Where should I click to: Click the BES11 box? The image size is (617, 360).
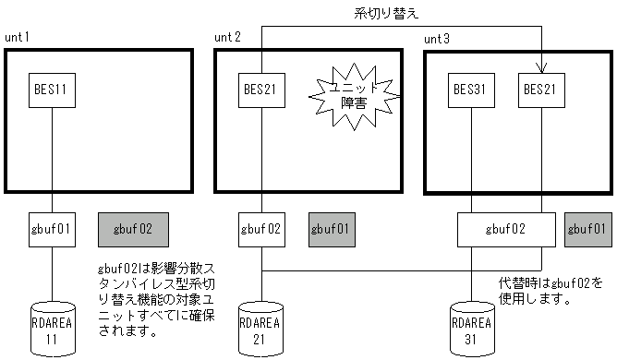[51, 90]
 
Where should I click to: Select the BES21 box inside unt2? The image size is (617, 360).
[260, 90]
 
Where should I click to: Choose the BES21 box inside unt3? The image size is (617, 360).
[540, 90]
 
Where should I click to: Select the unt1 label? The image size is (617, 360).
[18, 37]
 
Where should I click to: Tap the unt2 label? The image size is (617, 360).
[227, 37]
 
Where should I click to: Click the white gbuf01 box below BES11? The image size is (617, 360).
[51, 228]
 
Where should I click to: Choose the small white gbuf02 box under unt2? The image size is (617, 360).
[260, 228]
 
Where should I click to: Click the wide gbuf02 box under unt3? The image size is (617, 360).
[507, 228]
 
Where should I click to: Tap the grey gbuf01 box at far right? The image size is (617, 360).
[587, 228]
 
